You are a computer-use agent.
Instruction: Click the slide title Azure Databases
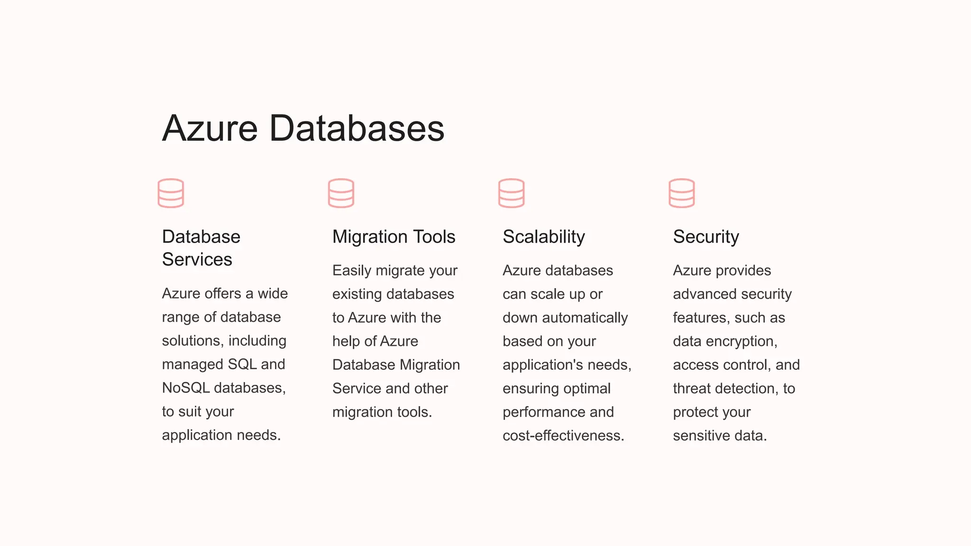pos(303,128)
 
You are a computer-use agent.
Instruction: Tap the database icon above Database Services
pos(171,193)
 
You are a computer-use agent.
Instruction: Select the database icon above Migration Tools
pos(341,193)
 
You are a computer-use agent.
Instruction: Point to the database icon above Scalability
pos(511,193)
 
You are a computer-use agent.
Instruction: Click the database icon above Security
pos(681,193)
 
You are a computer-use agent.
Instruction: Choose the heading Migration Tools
pos(394,237)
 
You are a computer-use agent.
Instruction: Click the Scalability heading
pos(544,237)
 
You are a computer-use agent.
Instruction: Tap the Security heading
pos(706,237)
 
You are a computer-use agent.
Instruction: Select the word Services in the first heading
pos(197,259)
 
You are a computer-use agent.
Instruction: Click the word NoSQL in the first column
pos(186,388)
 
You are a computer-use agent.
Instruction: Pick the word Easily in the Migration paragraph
pos(352,271)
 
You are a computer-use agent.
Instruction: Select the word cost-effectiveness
pos(563,435)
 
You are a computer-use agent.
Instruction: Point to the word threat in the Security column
pos(693,388)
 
